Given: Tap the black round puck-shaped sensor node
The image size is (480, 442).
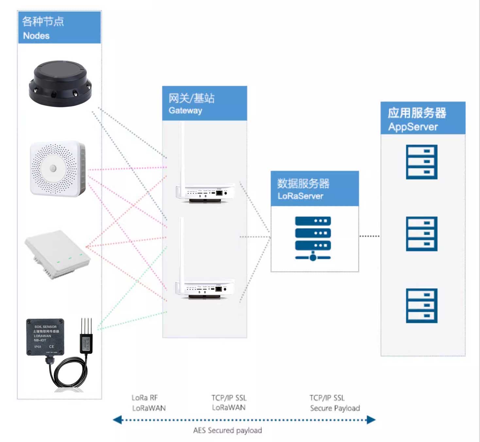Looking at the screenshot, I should (x=60, y=83).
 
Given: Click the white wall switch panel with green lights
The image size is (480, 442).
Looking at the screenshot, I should (x=58, y=254).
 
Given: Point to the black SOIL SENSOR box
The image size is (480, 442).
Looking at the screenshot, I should (x=45, y=337).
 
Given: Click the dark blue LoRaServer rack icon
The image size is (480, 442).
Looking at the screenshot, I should (x=313, y=238).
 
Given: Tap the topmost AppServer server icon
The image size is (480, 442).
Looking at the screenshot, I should (x=421, y=162).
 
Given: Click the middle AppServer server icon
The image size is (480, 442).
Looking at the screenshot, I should (x=421, y=234).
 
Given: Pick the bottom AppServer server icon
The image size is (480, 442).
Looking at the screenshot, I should (x=421, y=305).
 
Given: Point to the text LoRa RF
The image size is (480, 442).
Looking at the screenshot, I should (x=145, y=398).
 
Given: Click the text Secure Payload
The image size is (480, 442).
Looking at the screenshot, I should (x=335, y=408).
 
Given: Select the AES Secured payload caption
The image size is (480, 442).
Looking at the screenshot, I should (x=228, y=431).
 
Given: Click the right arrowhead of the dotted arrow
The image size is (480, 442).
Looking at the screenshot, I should (x=371, y=420).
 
